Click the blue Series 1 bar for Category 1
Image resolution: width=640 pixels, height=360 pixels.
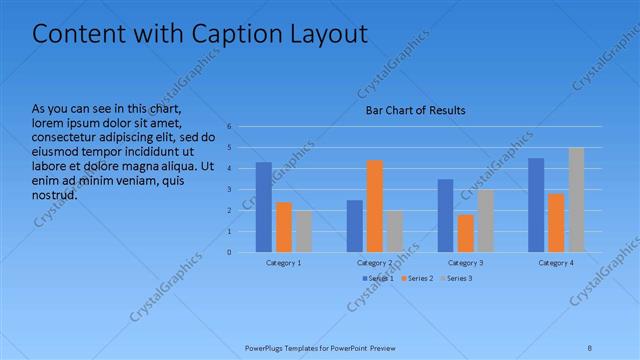[264, 207]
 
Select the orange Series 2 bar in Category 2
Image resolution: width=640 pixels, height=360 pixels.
[375, 206]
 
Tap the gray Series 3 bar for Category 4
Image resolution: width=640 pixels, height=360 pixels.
[576, 199]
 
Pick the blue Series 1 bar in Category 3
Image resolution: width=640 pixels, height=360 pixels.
[446, 215]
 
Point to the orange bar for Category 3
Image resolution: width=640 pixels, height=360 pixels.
[465, 233]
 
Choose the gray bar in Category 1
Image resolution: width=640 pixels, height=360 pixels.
[303, 231]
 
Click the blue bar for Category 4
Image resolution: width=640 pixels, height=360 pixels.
[536, 205]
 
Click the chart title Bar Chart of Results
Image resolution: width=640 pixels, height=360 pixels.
[414, 110]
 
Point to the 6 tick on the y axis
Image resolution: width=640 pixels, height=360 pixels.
[229, 127]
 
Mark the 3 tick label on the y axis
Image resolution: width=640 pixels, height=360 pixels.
[229, 189]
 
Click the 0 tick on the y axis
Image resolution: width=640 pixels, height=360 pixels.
[229, 252]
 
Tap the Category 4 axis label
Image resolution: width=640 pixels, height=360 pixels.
[556, 262]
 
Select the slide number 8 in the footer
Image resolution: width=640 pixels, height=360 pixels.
[590, 348]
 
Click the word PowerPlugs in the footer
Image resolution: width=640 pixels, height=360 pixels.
[265, 348]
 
